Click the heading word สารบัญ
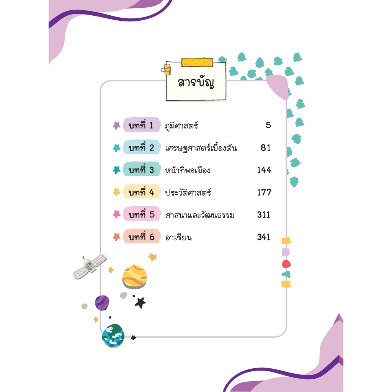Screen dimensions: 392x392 point(196,82)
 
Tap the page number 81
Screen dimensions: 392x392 point(266,148)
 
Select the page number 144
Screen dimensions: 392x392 point(264,170)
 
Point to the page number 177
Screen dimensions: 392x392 point(264,192)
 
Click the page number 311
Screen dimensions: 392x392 point(264,214)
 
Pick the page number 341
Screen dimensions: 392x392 point(264,237)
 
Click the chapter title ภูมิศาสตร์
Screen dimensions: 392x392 point(181,125)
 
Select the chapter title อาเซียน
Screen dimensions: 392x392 point(178,237)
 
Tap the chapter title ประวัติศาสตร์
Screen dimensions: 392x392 point(188,192)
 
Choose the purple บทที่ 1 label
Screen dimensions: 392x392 point(142,125)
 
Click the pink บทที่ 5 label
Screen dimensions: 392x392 point(142,214)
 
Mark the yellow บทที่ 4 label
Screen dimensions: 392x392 point(142,192)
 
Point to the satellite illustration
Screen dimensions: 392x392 point(90,266)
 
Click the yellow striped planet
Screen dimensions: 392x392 point(134,277)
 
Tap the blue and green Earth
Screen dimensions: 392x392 point(113,336)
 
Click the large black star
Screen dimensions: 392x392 point(140,303)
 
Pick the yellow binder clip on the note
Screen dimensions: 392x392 point(167,70)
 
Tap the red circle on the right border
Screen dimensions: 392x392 point(286,264)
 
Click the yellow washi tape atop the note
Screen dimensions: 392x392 point(197,62)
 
